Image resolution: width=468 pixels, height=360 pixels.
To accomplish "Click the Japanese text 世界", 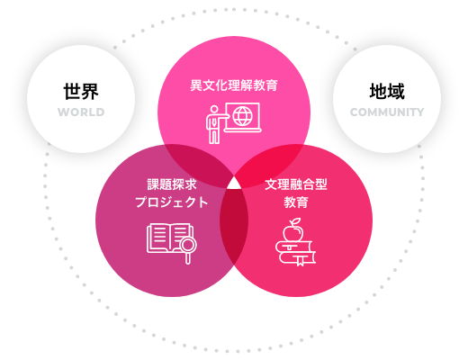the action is (x=81, y=91).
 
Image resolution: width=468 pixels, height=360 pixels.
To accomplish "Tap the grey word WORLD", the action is (x=81, y=112).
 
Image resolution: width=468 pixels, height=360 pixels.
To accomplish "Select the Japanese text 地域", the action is (x=387, y=91).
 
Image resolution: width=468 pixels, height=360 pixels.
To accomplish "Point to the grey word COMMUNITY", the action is (x=387, y=112).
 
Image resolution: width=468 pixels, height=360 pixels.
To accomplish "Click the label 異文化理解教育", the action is (x=234, y=85).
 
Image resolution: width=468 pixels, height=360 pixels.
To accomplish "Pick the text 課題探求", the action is (x=172, y=184).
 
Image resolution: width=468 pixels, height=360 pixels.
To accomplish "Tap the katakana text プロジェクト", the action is (x=172, y=202).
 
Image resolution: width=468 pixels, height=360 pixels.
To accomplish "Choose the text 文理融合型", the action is (x=296, y=184).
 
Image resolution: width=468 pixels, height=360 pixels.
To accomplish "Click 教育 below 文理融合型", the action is (x=296, y=202).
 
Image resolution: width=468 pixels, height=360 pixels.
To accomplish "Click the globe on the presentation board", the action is (x=243, y=116).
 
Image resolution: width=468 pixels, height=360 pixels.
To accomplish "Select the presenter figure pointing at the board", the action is (x=215, y=124).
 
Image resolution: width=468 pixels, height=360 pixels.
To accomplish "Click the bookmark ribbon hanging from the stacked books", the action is (x=301, y=260).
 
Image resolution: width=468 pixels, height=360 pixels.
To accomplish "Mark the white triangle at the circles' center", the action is (x=234, y=184).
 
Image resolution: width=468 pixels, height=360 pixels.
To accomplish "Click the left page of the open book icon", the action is (x=158, y=237).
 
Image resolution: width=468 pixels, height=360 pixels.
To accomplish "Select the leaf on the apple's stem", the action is (x=295, y=221).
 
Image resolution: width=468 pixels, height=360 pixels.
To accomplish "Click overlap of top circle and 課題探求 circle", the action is (x=201, y=164).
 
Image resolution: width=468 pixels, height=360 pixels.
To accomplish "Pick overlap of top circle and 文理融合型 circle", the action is (x=267, y=164).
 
